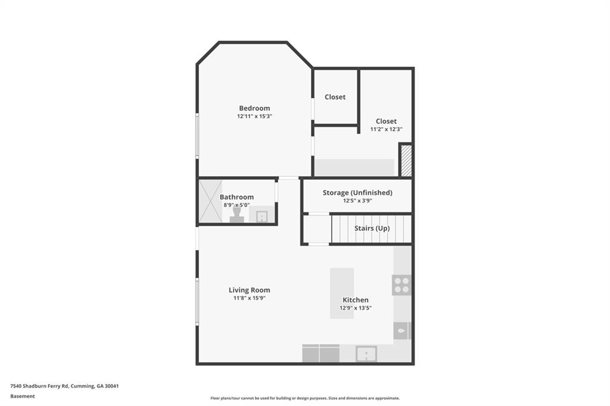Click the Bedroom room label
coord(254,108)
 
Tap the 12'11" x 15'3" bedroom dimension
coord(254,116)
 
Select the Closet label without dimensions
coord(335,97)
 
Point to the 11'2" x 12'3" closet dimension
coord(386,129)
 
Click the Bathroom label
coord(236,197)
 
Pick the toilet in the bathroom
coord(236,215)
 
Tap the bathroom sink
coord(262,216)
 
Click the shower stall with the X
coord(210,201)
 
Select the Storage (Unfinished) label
coord(357,192)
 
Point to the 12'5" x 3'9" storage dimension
coord(357,201)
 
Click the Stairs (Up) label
coord(372,228)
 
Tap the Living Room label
coord(250,290)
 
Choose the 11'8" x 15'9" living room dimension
coord(250,298)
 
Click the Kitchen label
coord(356,299)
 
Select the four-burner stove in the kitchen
coord(402,285)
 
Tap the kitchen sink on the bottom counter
coord(366,354)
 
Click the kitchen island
coord(342,293)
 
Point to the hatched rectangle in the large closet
coord(406,160)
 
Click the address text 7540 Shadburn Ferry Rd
coord(39,386)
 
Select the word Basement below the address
coord(23,396)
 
